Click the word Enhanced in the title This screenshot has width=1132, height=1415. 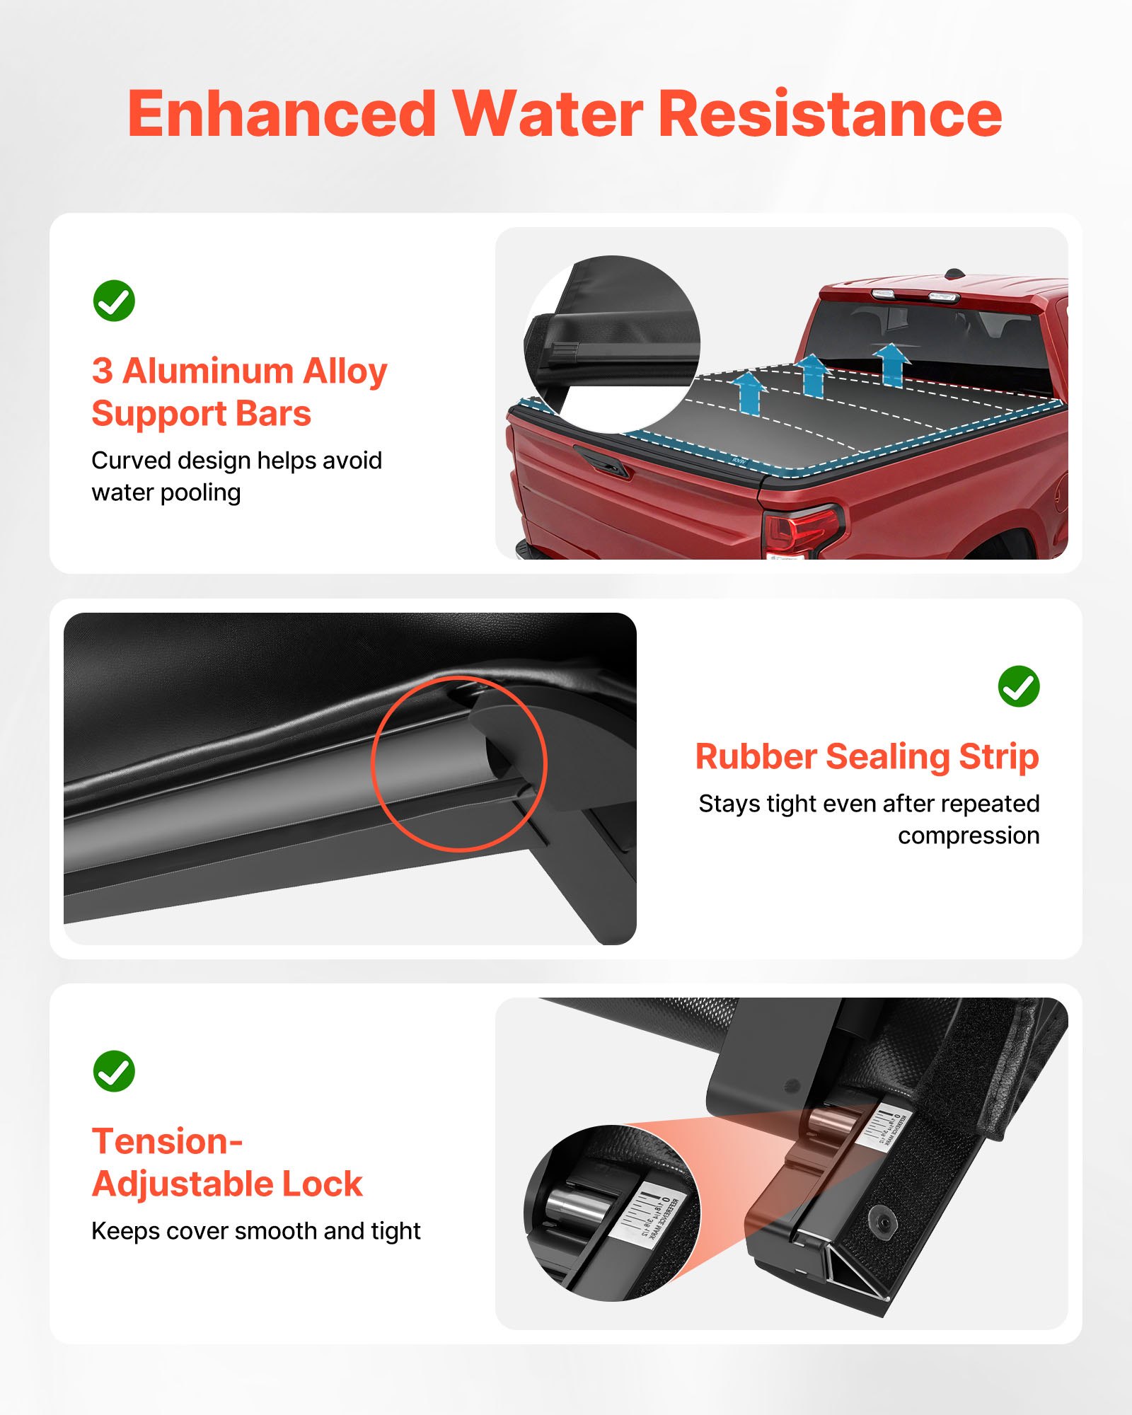tap(282, 114)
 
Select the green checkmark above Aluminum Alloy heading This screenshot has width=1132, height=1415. tap(114, 301)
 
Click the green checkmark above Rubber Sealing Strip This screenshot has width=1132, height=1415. tap(1018, 686)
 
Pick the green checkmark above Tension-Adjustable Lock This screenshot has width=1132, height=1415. tap(114, 1071)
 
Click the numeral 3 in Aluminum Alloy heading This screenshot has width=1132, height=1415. tap(102, 371)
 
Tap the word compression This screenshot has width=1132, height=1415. tap(968, 836)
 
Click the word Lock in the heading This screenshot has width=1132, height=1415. tap(322, 1184)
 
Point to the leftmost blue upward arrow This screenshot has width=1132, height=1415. tap(749, 393)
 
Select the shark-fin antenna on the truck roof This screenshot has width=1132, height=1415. tap(954, 272)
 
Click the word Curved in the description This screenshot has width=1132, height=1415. tap(131, 461)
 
